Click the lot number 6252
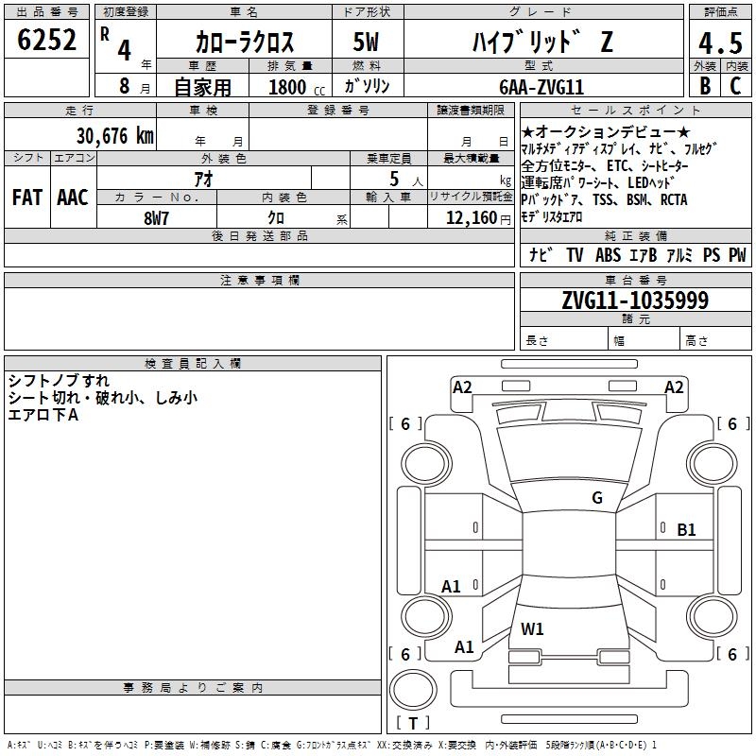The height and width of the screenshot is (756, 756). (46, 40)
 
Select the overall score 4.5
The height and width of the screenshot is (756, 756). (720, 43)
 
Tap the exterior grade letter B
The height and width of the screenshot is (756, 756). (705, 86)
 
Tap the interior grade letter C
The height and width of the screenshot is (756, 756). (735, 86)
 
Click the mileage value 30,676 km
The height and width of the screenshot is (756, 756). (114, 136)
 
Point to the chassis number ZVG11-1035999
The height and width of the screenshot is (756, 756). (635, 300)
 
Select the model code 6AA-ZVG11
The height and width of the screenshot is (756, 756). (541, 87)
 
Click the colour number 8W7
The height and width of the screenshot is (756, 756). (156, 218)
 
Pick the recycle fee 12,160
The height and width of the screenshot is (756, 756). (471, 218)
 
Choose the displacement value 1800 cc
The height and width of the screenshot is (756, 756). (297, 87)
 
